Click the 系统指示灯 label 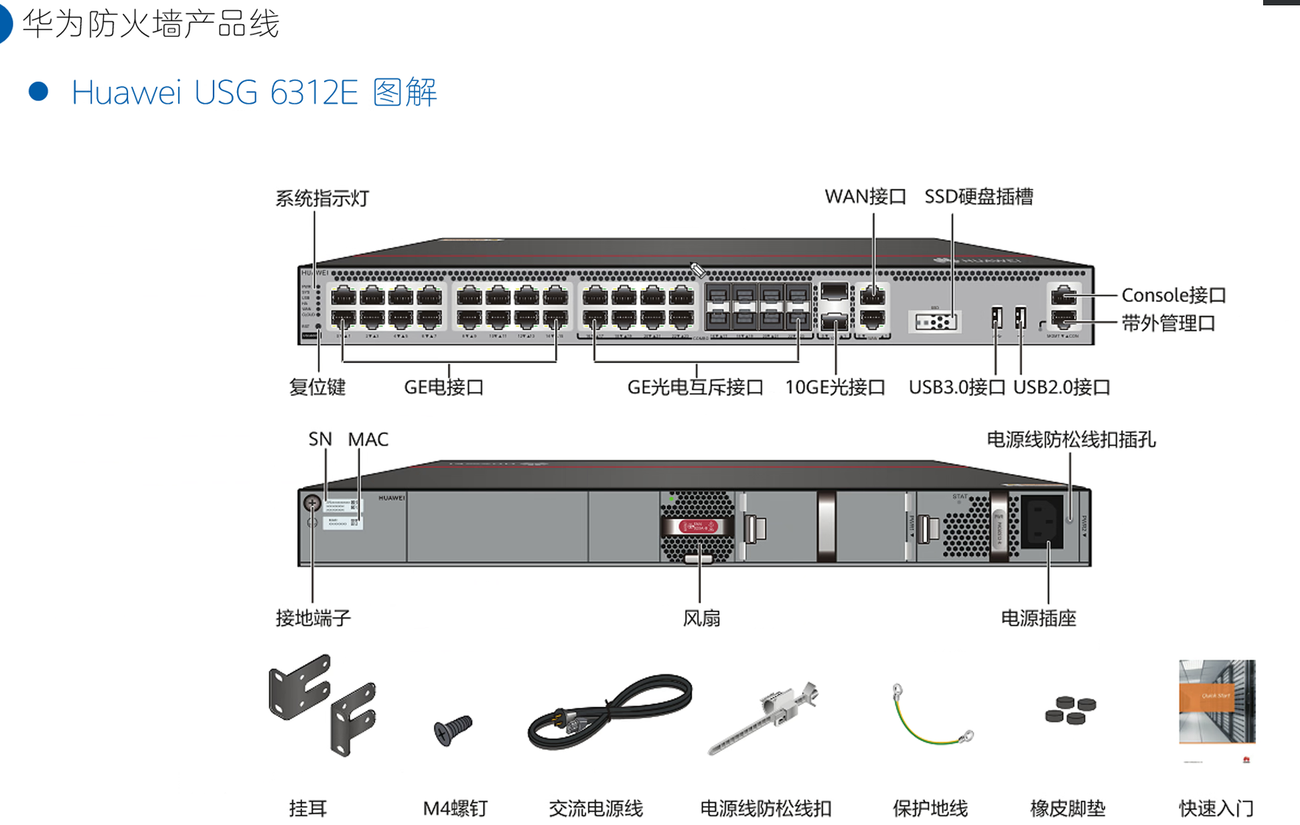(322, 198)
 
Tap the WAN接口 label (865, 196)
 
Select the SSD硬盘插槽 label (979, 196)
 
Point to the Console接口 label (1173, 295)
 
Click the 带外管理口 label (1168, 323)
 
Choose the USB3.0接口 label (956, 387)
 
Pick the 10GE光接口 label (835, 387)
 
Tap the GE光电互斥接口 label (695, 387)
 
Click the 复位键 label (317, 387)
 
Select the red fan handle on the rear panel (698, 526)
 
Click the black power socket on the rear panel (1041, 522)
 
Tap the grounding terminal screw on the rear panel (312, 502)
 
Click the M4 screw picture (453, 729)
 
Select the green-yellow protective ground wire (931, 720)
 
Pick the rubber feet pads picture (1070, 710)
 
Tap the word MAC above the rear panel (368, 439)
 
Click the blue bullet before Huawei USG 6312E (39, 92)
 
